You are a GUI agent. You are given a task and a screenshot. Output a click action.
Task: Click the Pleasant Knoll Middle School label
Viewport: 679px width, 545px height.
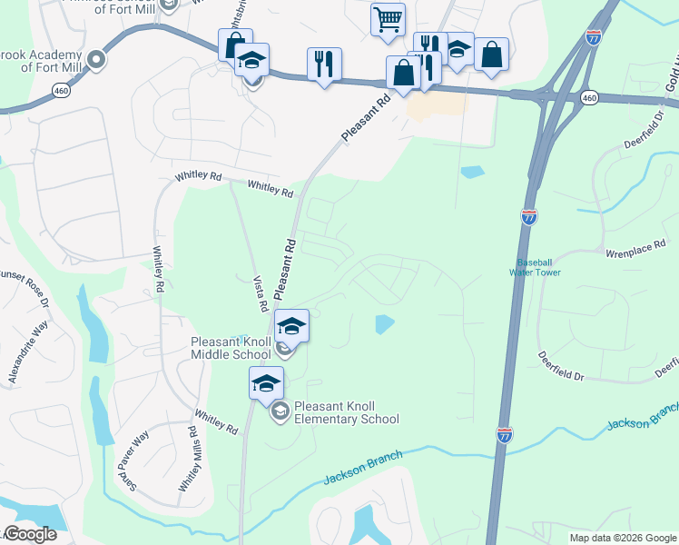pos(231,348)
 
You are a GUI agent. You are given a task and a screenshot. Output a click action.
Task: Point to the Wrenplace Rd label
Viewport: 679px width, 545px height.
pos(635,244)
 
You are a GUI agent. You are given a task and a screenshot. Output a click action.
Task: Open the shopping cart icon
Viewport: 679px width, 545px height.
pos(388,19)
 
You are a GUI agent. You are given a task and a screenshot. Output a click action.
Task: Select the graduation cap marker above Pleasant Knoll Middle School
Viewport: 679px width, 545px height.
pos(291,326)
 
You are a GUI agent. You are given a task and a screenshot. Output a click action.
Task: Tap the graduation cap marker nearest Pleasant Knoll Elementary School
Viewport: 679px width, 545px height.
pos(266,383)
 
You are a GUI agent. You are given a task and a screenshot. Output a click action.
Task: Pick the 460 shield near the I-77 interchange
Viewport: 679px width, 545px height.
pos(589,97)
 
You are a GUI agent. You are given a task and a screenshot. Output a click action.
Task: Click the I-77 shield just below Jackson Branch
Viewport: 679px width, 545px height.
pos(504,435)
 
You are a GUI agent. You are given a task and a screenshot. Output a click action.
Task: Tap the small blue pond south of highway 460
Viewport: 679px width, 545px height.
pos(472,171)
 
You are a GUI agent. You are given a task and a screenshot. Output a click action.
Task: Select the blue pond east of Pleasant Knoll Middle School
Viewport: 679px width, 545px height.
pos(384,322)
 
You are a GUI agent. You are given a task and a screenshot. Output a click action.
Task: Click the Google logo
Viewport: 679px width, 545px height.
pos(30,534)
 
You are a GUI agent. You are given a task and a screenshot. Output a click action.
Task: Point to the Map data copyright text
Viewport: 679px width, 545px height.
pos(623,538)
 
